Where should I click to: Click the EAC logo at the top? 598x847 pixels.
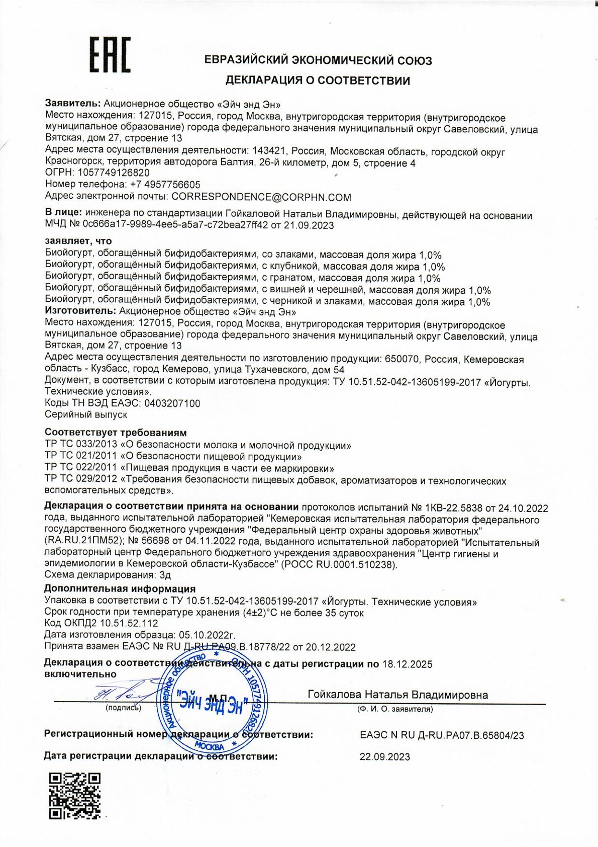[x=110, y=54]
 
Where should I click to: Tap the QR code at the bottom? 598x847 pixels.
[x=75, y=796]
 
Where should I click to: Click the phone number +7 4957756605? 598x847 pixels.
[x=165, y=185]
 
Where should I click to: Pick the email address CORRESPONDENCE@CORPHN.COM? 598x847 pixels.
[x=261, y=197]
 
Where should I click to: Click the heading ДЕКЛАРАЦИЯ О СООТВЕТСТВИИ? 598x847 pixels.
[x=318, y=80]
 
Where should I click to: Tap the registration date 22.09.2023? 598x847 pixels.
[x=384, y=756]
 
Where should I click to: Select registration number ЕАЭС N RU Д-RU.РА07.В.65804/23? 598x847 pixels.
[x=442, y=735]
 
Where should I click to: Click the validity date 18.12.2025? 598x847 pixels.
[x=407, y=664]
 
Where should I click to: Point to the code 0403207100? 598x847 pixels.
[x=172, y=403]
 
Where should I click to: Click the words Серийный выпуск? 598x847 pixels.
[x=86, y=415]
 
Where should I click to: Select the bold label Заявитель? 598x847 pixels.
[x=73, y=104]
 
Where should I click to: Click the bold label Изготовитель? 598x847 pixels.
[x=80, y=312]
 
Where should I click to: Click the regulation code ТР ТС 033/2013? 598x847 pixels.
[x=81, y=445]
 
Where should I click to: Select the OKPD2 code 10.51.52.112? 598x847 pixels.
[x=129, y=624]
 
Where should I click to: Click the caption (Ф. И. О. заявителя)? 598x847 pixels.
[x=394, y=709]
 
